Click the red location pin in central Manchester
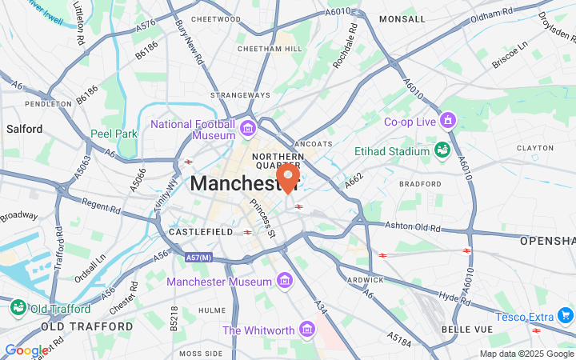click(288, 176)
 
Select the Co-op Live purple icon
click(447, 122)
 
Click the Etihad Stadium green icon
click(442, 150)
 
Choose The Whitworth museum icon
click(306, 330)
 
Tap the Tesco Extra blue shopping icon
click(566, 314)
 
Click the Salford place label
click(24, 128)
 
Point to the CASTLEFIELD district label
click(201, 232)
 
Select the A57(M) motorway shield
click(198, 258)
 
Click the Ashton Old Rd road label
click(413, 226)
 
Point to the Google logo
click(26, 350)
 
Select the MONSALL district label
click(402, 18)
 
